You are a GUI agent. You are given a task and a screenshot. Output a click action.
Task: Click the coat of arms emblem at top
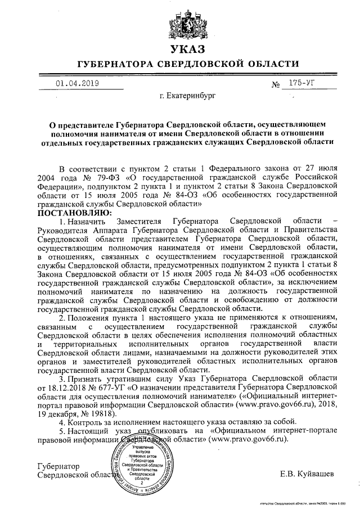[x=179, y=21]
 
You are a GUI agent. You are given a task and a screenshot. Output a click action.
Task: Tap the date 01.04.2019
[x=78, y=83]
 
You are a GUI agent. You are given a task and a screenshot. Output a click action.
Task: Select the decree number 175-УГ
[x=298, y=83]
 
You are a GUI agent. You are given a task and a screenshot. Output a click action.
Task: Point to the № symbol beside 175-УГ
[x=276, y=85]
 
